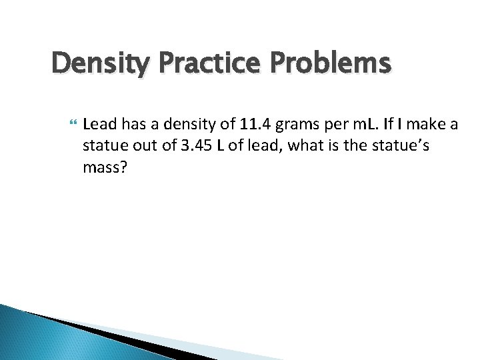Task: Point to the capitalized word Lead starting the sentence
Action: click(x=99, y=123)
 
